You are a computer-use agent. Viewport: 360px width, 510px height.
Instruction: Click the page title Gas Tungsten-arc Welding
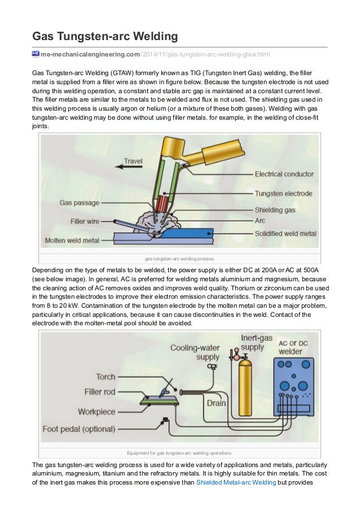tap(105, 37)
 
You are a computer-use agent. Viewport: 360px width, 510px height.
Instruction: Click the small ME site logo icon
tap(36, 54)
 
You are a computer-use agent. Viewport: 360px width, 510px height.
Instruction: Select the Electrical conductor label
tap(284, 174)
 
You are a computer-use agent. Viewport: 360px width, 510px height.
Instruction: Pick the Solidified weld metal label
tap(286, 233)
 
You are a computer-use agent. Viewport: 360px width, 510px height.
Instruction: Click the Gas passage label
tap(80, 202)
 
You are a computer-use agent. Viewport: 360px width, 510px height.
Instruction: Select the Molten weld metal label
tap(72, 239)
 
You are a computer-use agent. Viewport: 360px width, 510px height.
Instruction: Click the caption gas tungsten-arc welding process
tap(179, 259)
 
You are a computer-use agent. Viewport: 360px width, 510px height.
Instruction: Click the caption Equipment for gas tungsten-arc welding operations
tap(179, 452)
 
